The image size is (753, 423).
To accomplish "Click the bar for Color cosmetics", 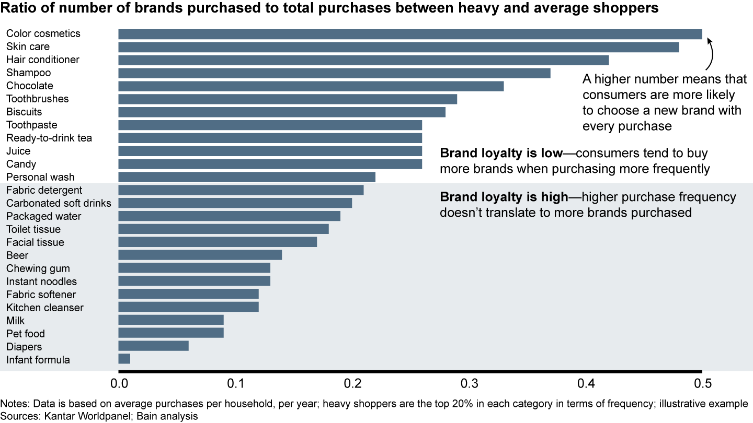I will tap(410, 34).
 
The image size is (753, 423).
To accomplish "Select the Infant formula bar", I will tap(124, 359).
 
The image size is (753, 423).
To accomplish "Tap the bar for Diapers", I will tap(153, 346).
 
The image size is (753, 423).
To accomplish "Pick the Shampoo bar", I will tap(334, 73).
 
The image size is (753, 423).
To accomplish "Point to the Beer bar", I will tap(200, 255).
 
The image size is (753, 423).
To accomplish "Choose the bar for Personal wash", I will tap(247, 177).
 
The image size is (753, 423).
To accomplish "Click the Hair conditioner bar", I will tap(363, 60).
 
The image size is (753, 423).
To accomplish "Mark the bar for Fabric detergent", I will tap(241, 190).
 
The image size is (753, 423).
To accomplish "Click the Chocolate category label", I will tap(30, 86).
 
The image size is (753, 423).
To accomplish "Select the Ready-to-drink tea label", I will tap(49, 138).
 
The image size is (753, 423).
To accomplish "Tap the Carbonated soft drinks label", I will tap(59, 203).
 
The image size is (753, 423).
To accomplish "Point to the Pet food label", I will tap(26, 334).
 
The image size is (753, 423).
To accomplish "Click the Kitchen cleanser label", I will tap(45, 308).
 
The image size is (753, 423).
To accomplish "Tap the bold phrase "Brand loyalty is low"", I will tap(501, 154).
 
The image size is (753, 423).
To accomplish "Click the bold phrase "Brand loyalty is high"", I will tap(504, 198).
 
